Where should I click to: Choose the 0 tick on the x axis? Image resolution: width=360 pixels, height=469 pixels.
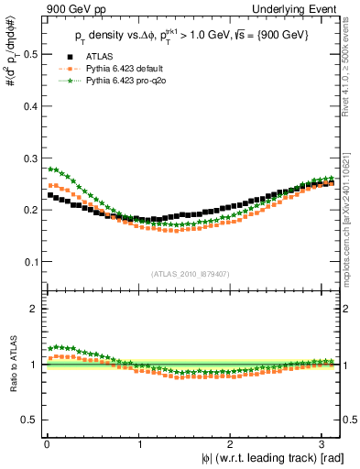(x=47, y=443)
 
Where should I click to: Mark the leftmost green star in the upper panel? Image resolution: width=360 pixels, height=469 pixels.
(x=49, y=169)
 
